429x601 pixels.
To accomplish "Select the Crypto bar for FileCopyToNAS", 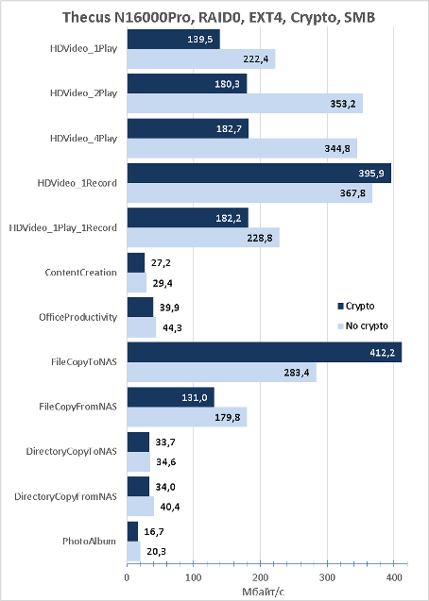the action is pos(265,352).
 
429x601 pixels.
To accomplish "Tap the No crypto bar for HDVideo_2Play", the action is pos(245,103).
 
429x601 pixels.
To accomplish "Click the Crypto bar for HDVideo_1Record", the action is pos(259,174).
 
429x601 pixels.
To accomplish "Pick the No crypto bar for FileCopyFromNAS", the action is pos(187,417).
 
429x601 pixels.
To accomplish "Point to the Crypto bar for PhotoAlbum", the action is pos(132,531).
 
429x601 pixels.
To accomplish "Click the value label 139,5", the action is pos(200,39).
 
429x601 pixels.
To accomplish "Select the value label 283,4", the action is pos(296,372).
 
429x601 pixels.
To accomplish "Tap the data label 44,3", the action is pos(172,328).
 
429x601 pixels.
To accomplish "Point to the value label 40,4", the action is pos(170,507).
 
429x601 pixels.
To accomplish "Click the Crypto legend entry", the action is pos(355,306).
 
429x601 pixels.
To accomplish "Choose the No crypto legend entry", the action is pos(363,326).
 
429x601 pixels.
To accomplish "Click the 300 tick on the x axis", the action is pos(327,577).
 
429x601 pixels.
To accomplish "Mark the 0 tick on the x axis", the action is pos(127,577).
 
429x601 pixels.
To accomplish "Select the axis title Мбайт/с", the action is pos(263,592).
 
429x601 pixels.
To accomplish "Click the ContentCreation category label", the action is pos(80,273).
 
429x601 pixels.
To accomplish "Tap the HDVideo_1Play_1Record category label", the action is pos(63,228).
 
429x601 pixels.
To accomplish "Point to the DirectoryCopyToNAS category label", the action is pos(72,452).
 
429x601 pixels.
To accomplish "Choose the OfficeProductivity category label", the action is pos(77,317).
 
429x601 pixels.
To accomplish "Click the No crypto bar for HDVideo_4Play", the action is pos(242,148).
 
